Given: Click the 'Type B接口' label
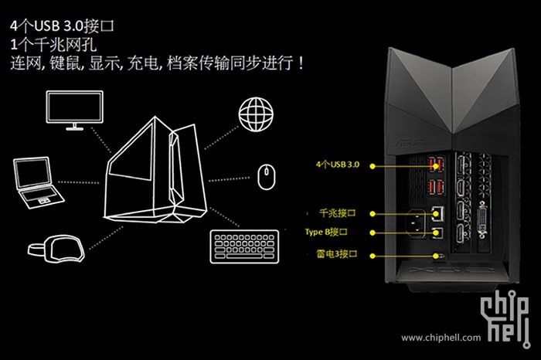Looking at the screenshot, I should coord(339,232).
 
